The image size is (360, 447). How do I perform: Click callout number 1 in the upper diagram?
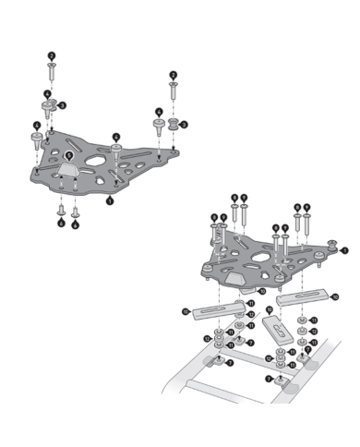110,199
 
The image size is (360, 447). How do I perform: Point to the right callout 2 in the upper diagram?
173,75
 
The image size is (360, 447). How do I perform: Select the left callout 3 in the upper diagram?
61,106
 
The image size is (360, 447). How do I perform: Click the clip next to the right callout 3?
172,122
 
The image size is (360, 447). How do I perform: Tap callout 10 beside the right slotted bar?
333,296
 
